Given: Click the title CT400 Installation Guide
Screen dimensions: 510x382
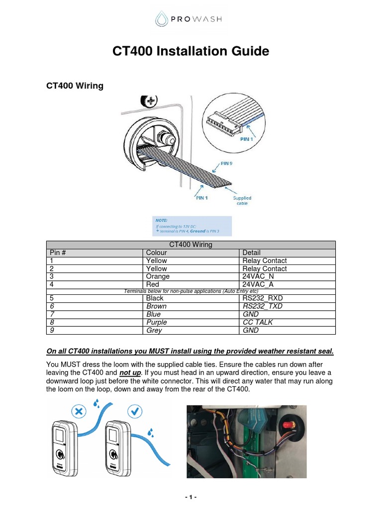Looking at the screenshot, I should click(x=191, y=51).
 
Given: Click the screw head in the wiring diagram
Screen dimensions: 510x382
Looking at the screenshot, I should click(x=148, y=101).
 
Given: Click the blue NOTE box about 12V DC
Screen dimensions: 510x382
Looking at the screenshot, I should click(x=191, y=226).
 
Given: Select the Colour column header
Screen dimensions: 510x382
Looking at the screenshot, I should click(x=157, y=253).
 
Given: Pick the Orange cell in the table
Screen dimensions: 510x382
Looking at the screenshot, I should click(x=158, y=276).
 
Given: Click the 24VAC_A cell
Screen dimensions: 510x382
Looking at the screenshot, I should click(x=258, y=284).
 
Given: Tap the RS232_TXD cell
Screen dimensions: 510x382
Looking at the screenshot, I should click(x=262, y=306).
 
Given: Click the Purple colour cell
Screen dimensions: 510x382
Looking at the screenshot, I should click(x=157, y=322).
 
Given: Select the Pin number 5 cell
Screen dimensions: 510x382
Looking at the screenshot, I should click(x=52, y=298).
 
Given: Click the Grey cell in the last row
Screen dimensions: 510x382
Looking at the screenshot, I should click(x=154, y=330).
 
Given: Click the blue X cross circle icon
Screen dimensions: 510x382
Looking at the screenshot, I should click(x=79, y=411).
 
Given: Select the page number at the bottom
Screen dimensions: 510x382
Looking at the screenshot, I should click(x=191, y=498).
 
